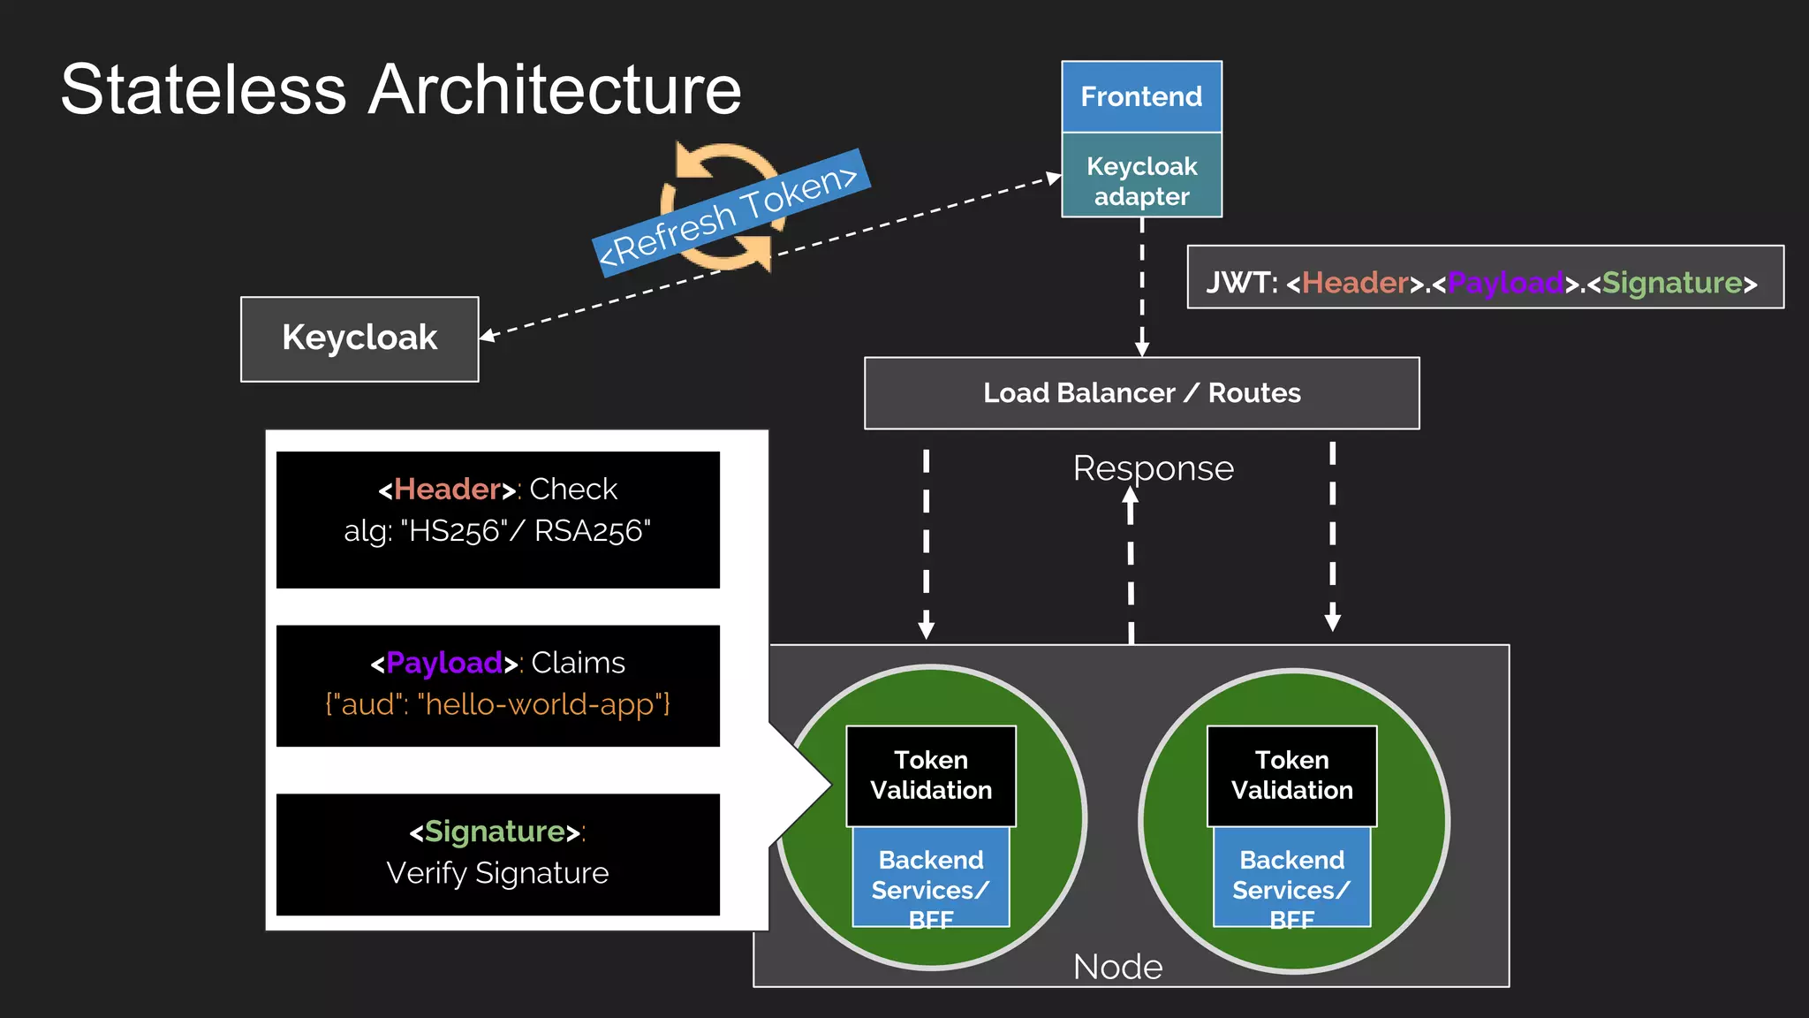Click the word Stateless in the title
point(203,90)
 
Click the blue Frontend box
point(1141,96)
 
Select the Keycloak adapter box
point(1141,180)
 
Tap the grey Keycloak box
point(360,338)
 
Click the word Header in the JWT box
point(1355,283)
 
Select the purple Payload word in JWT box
point(1505,283)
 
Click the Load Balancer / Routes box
point(1141,392)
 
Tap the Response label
point(1153,468)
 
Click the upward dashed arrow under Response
point(1131,566)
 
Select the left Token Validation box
point(931,775)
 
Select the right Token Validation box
point(1291,775)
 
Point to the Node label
point(1117,967)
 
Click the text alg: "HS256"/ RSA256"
point(497,531)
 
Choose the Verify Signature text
point(497,873)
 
